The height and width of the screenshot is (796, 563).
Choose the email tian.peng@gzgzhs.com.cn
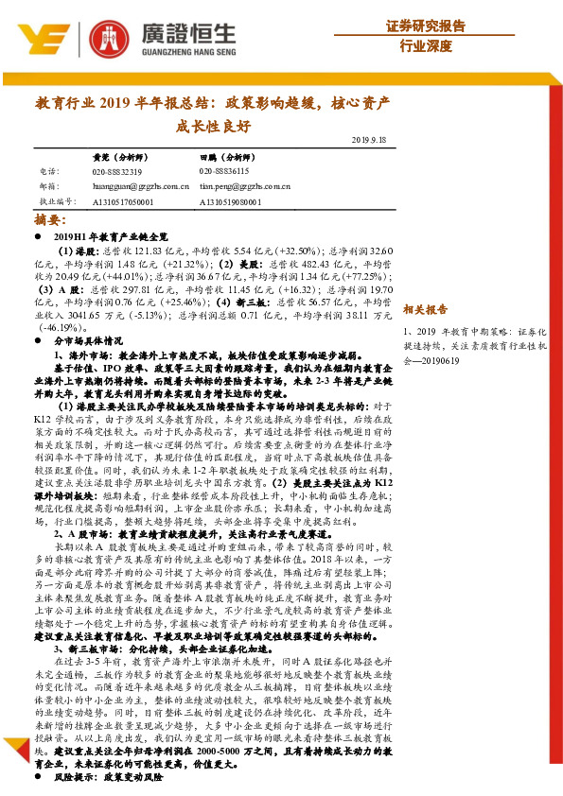coord(245,186)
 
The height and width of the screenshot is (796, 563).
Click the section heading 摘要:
coord(49,218)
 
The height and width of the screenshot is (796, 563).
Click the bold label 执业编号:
coord(56,201)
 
